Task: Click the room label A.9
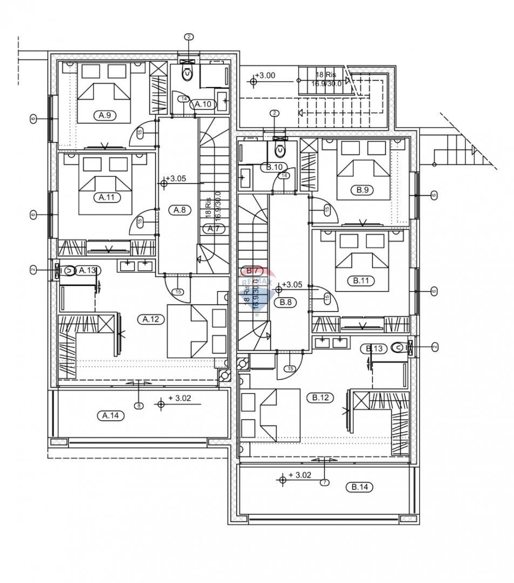pos(105,115)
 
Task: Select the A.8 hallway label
pos(179,211)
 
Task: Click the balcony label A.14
pos(110,415)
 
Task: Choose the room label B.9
pos(362,190)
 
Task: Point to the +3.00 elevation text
pos(265,76)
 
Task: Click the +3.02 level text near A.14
pos(179,398)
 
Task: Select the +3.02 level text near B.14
pos(300,475)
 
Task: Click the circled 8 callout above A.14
pos(139,405)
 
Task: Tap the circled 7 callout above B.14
pos(324,482)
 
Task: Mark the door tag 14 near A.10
pos(184,99)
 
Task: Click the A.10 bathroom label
pos(203,104)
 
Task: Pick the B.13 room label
pos(375,349)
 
